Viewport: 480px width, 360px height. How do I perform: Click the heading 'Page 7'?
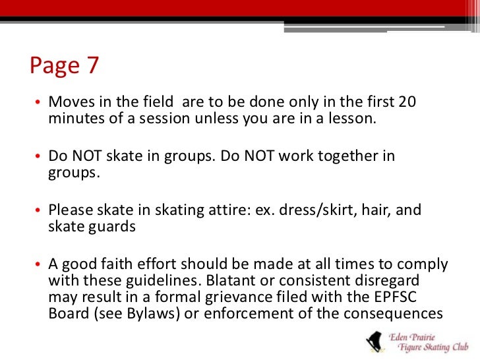[65, 67]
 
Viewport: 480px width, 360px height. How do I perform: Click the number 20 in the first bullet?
[408, 103]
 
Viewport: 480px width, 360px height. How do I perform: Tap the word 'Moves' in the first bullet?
[67, 103]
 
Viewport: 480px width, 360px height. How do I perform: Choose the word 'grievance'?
[262, 295]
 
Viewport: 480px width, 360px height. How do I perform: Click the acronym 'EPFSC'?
[403, 295]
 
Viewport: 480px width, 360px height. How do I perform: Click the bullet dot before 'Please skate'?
[39, 211]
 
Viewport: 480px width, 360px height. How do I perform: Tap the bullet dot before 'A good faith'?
[39, 265]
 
